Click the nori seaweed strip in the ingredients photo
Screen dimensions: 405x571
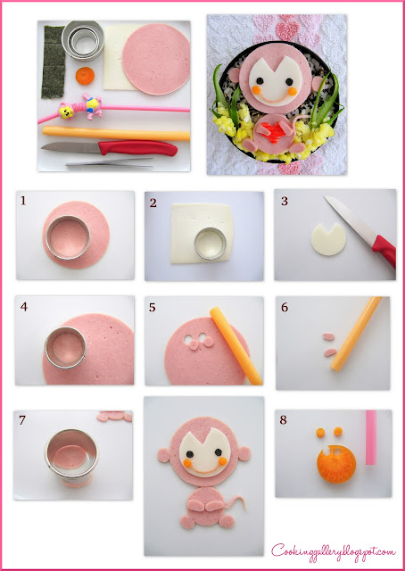coord(54,62)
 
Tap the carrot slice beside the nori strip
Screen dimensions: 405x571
coord(85,76)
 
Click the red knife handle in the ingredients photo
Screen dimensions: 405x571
coord(137,148)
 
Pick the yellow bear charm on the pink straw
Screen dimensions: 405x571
coord(66,111)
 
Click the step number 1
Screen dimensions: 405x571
coord(23,201)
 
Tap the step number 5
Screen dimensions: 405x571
coord(153,308)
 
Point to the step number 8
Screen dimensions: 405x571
coord(284,420)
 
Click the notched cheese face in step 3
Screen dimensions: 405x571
coord(328,239)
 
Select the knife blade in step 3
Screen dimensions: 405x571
coord(349,218)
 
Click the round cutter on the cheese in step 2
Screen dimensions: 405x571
coord(211,244)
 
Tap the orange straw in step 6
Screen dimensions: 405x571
coord(355,334)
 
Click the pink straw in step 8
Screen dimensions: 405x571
coord(371,437)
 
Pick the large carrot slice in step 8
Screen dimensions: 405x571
coord(336,464)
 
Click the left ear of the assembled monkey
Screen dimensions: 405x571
coord(164,455)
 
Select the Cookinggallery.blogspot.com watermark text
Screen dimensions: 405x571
coord(334,552)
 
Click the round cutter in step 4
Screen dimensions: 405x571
coord(65,347)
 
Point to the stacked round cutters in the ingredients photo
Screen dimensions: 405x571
coord(83,39)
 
